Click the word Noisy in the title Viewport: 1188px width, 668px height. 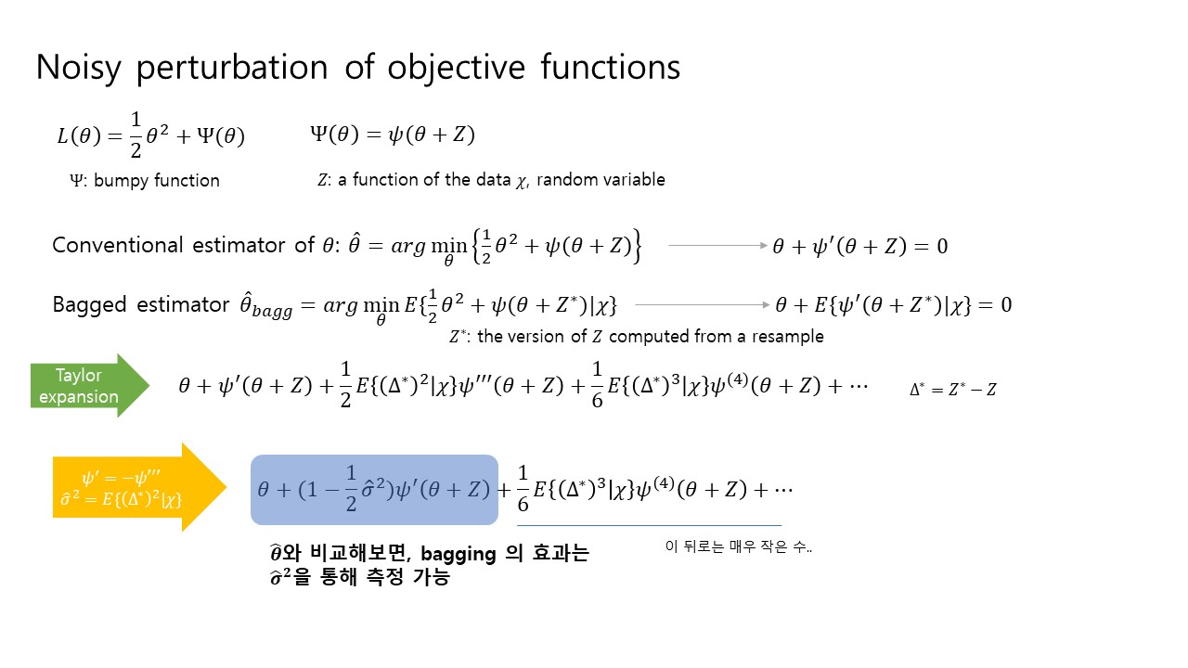coord(79,69)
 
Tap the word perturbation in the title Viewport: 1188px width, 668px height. coord(232,69)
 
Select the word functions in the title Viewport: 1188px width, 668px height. coord(610,68)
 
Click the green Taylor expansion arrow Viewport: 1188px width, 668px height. coord(90,386)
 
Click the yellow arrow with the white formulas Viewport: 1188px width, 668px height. coord(139,487)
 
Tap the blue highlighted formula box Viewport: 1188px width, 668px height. coord(374,490)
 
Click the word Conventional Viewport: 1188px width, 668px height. coord(118,246)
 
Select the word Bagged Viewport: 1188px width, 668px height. coord(90,306)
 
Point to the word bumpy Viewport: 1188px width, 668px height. coord(122,181)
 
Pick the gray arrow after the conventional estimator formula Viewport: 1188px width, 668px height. coord(718,246)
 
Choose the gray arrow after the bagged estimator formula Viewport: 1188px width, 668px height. coord(703,305)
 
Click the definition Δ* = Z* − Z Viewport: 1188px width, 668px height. coord(953,390)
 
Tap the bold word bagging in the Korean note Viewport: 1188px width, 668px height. coord(458,555)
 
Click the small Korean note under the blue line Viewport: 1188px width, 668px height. coord(738,546)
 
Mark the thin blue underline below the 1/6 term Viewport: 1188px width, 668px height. coord(649,525)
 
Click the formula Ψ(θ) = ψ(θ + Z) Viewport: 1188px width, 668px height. coord(393,135)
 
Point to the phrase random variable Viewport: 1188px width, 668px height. coord(600,180)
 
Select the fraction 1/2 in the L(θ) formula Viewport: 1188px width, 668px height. coord(136,135)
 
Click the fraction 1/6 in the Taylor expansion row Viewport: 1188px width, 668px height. coord(597,385)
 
